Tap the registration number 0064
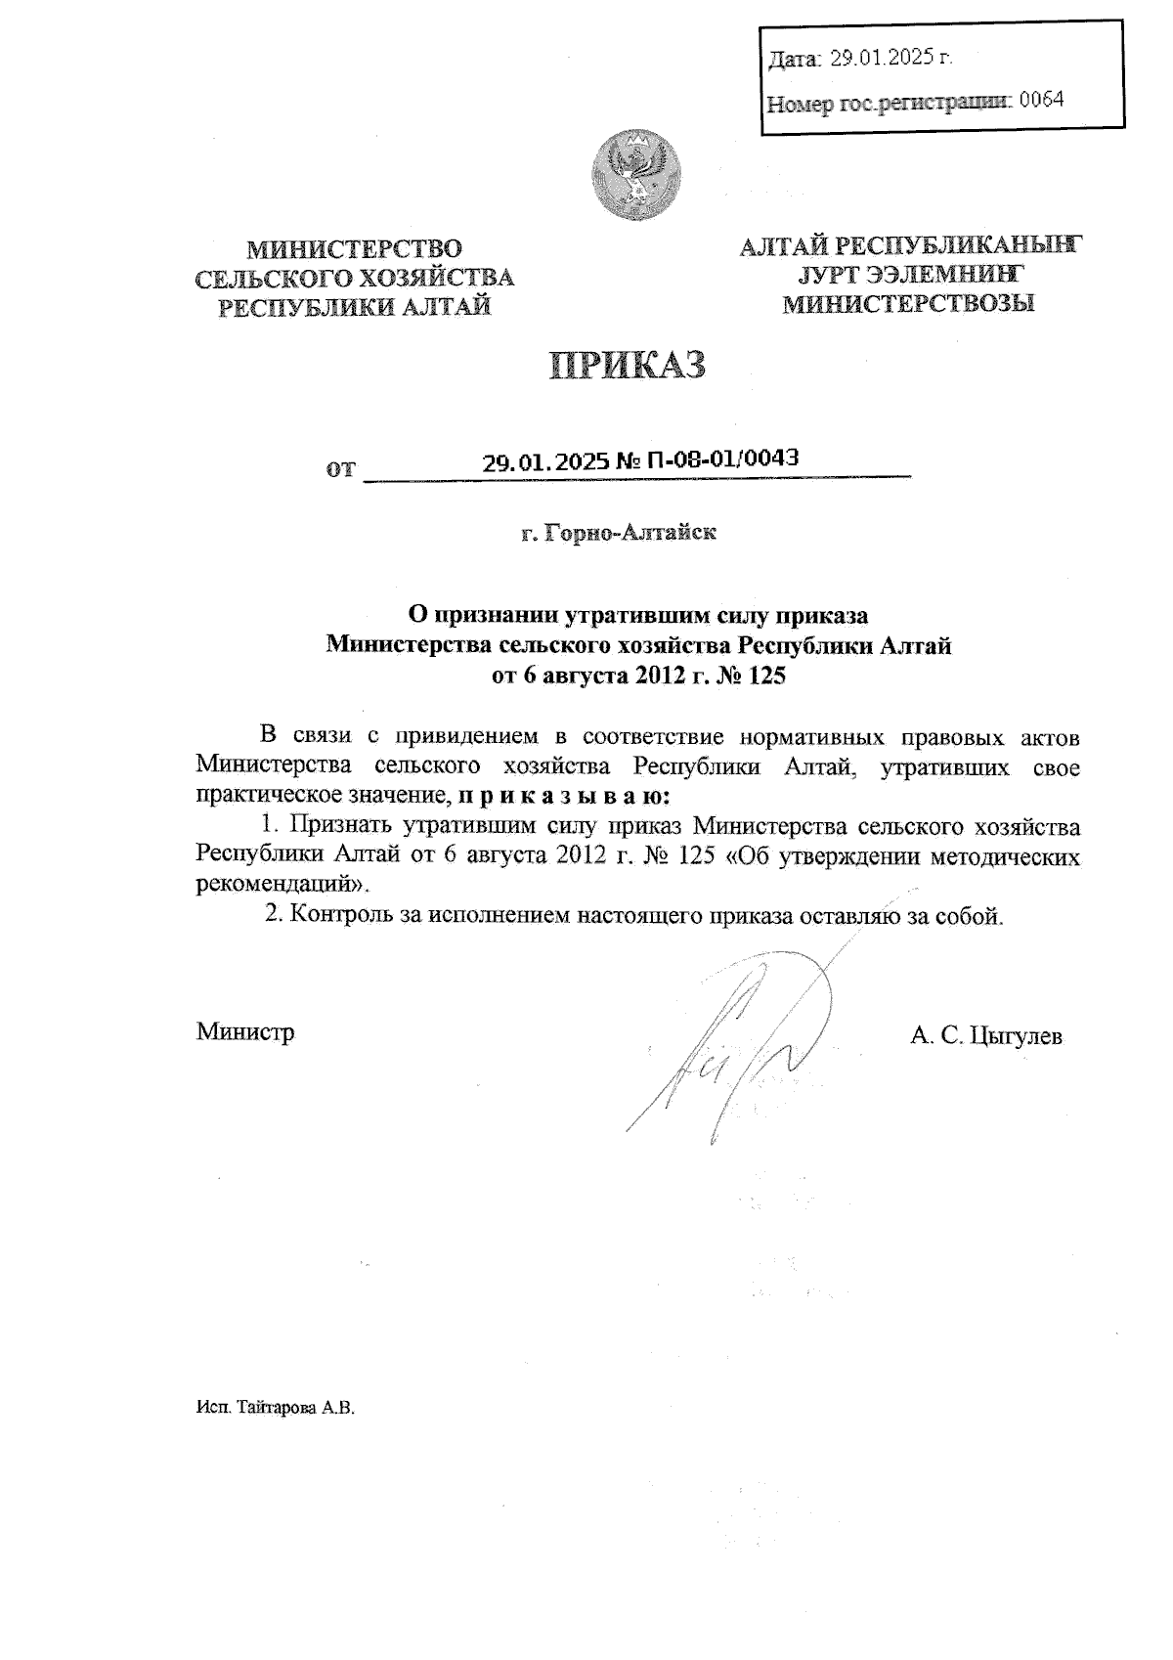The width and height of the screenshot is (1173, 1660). (x=1040, y=100)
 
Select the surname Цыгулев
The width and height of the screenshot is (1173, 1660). (x=1016, y=1035)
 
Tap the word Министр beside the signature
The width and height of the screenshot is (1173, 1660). (x=245, y=1031)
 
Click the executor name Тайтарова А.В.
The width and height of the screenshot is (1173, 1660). (x=293, y=1409)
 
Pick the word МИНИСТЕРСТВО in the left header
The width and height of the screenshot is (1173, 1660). (x=354, y=249)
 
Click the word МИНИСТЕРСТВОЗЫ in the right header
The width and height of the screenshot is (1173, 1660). (x=909, y=303)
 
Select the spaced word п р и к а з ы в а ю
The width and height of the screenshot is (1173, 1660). (x=563, y=797)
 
